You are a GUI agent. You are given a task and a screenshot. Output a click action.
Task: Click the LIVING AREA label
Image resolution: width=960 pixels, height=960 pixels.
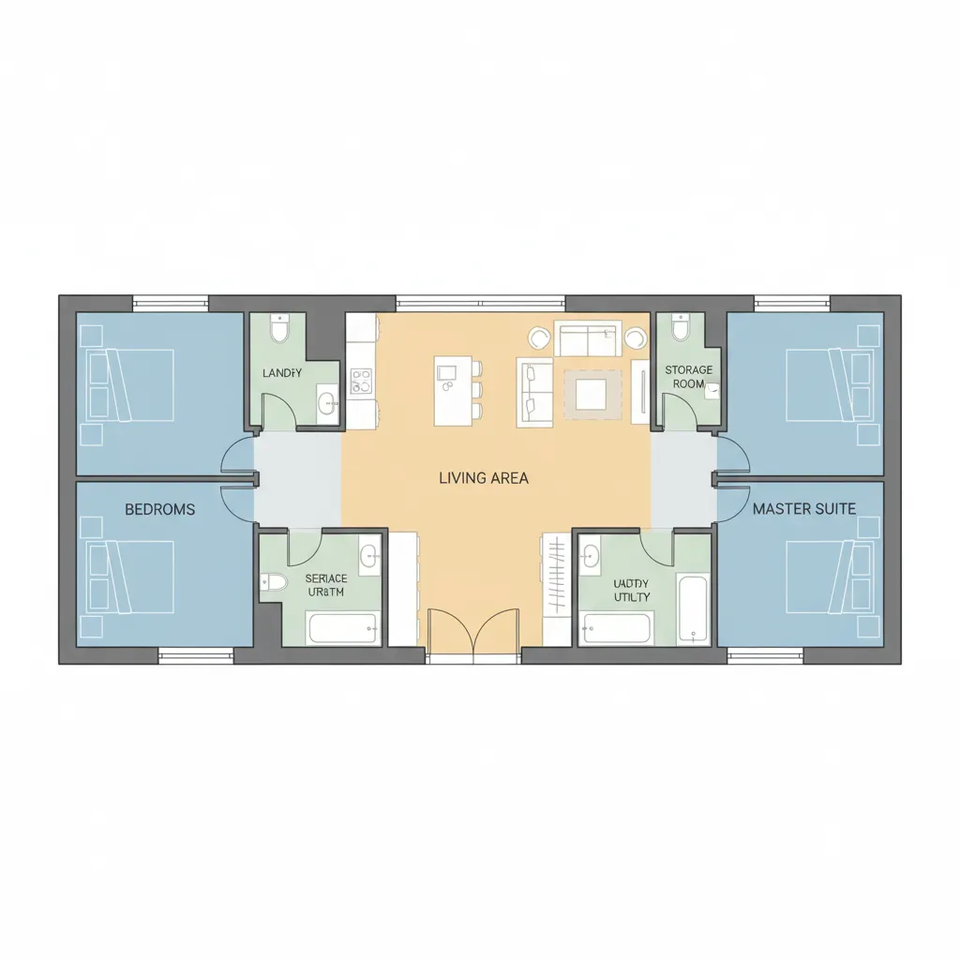[483, 478]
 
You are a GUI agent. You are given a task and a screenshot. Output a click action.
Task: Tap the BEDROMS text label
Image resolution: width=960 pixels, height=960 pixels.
[160, 509]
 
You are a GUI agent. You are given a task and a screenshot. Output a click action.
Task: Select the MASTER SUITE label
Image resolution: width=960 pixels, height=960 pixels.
[804, 509]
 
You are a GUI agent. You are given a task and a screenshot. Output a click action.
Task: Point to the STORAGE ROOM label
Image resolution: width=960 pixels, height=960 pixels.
[689, 377]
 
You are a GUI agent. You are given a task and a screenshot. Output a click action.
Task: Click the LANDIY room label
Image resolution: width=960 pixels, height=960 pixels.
[282, 373]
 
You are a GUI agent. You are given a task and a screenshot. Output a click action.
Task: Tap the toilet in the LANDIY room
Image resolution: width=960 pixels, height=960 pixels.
[279, 329]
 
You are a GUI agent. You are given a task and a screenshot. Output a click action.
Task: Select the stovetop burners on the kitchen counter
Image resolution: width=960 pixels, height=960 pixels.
[361, 381]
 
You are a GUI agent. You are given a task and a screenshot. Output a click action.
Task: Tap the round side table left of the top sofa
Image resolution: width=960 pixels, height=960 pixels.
[540, 337]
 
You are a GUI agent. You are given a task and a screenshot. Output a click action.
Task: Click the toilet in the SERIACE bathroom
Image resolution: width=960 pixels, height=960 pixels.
[274, 582]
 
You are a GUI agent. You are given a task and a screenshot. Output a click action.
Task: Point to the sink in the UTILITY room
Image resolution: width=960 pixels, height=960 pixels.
[591, 555]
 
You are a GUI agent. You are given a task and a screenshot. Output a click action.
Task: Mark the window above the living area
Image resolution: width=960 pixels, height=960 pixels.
[480, 303]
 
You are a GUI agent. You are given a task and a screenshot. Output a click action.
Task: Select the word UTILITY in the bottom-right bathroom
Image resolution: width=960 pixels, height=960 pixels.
[632, 597]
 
